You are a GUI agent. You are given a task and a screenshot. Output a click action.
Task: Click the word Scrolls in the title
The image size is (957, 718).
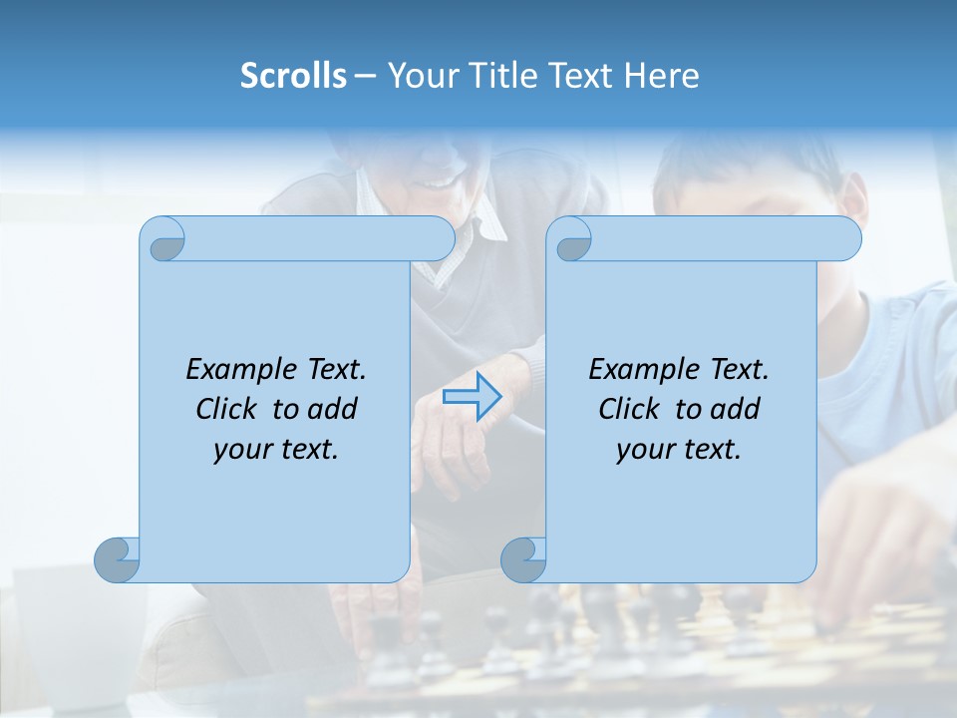click(293, 76)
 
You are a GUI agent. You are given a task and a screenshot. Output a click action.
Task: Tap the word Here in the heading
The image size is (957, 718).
click(661, 76)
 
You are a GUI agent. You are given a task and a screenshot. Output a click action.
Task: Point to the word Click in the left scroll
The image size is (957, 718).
click(229, 409)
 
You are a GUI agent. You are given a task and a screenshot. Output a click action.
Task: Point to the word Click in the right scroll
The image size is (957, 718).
click(632, 409)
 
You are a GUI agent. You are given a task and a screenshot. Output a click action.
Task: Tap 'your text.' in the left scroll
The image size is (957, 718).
click(276, 450)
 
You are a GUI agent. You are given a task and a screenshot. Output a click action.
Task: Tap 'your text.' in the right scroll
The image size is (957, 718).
click(679, 450)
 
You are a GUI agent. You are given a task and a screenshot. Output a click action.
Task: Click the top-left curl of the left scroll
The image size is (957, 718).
click(163, 240)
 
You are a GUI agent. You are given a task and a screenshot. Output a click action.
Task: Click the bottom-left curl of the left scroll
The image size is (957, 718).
click(117, 559)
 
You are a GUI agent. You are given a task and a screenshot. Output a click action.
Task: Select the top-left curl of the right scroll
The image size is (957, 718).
click(571, 240)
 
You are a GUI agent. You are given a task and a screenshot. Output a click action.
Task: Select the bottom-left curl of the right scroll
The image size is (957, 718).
click(523, 559)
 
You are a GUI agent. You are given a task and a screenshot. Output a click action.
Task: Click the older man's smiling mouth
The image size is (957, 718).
click(440, 182)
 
